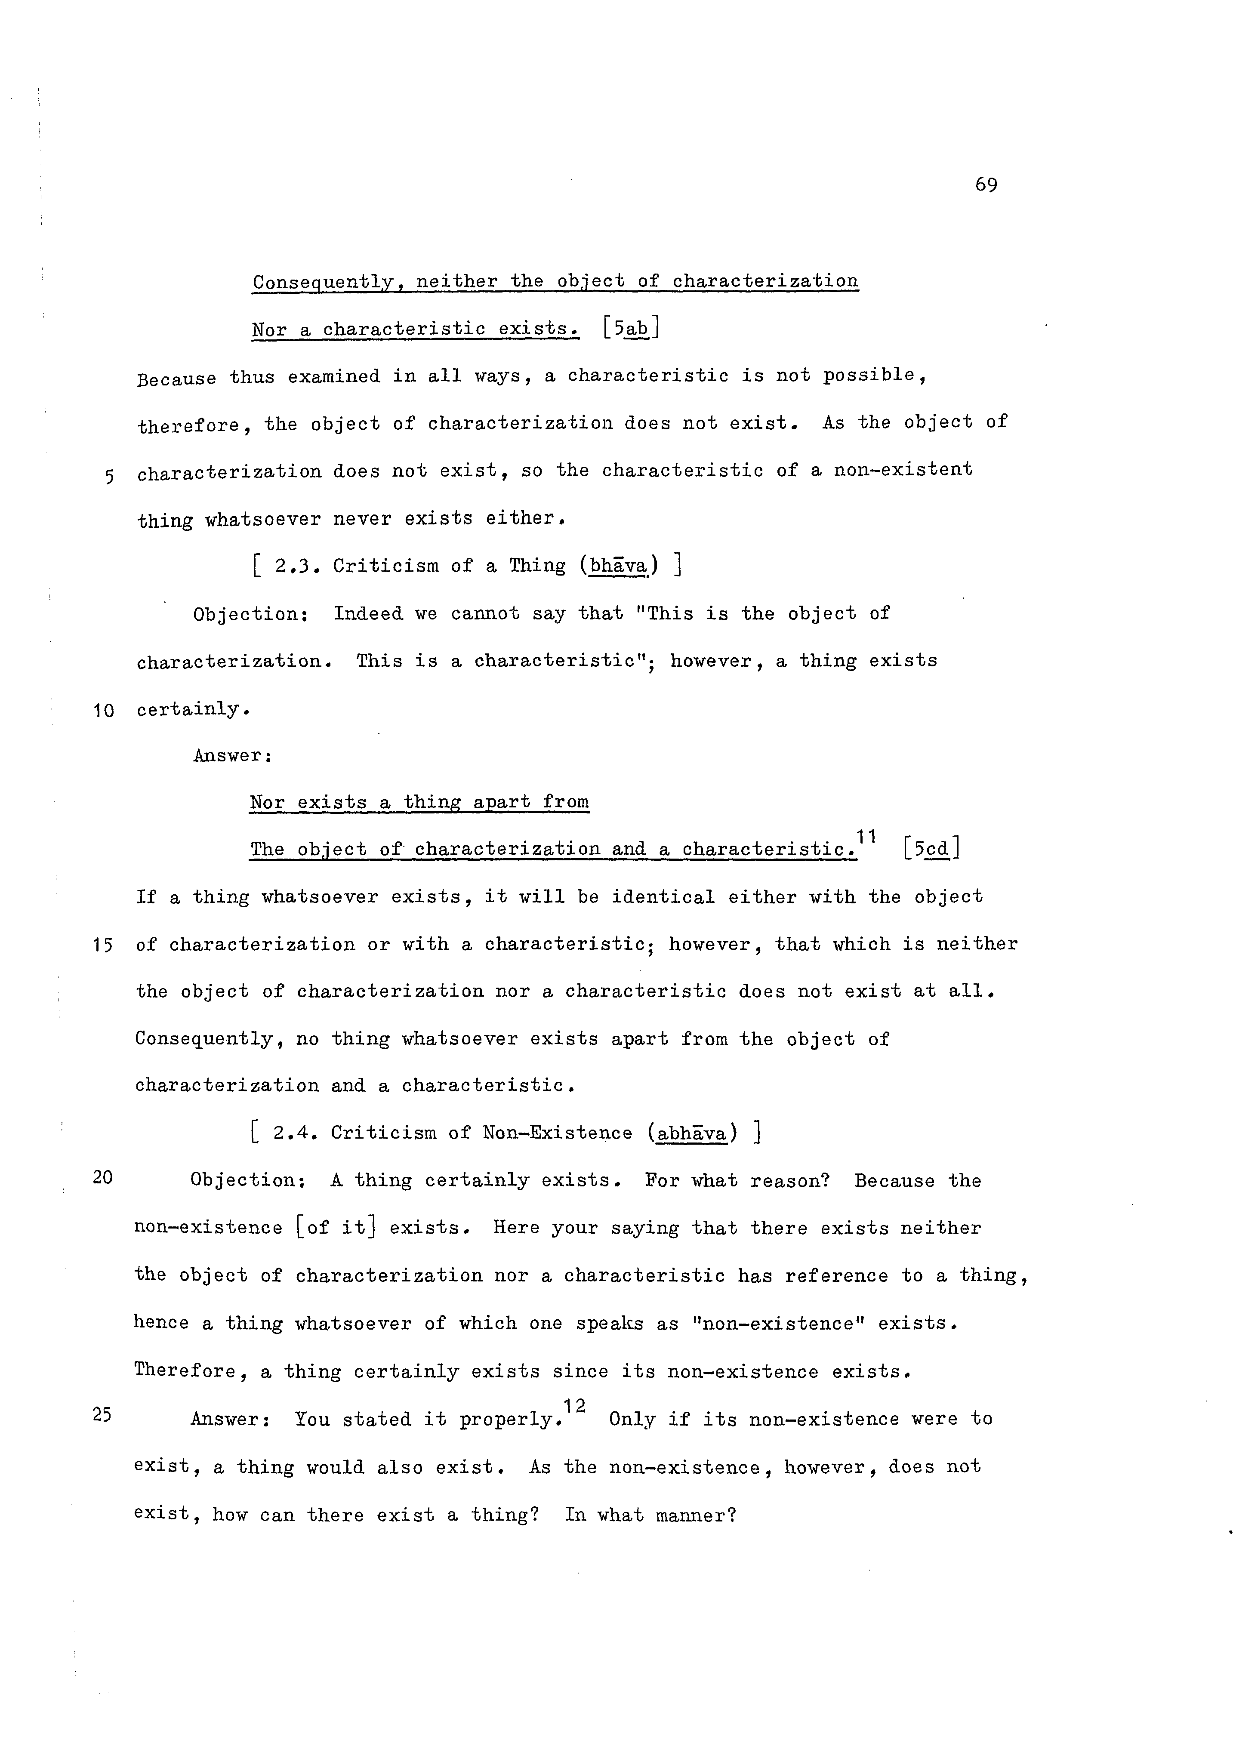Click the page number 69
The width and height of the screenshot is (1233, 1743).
coord(986,185)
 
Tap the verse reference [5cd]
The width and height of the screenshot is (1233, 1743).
coord(931,848)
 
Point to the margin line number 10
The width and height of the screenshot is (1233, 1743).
coord(103,711)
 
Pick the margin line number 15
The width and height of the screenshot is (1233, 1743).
coord(103,945)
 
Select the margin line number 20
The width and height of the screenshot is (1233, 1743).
coord(102,1177)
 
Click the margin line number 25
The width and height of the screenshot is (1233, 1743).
coord(102,1414)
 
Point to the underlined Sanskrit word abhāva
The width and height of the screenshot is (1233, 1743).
coord(692,1133)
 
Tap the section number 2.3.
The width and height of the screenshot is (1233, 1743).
coord(292,567)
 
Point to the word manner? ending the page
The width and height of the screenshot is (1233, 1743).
coord(696,1515)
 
